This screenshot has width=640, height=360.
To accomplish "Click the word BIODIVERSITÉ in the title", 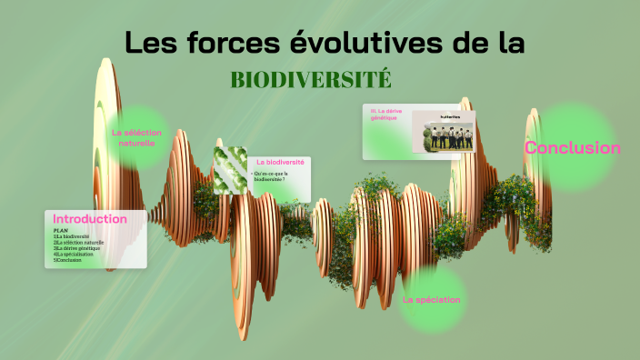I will (311, 79).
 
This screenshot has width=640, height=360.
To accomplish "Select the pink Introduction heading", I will (90, 219).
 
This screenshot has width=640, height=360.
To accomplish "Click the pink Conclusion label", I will (573, 148).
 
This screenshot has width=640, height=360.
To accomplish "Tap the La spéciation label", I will (431, 299).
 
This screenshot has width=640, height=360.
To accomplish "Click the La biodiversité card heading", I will (280, 162).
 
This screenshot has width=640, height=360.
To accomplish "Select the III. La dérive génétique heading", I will (387, 114).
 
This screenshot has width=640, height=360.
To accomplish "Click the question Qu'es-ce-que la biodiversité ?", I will (278, 176).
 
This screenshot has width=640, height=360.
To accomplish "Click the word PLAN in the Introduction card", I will (61, 231).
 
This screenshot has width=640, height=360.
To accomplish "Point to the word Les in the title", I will (149, 43).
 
